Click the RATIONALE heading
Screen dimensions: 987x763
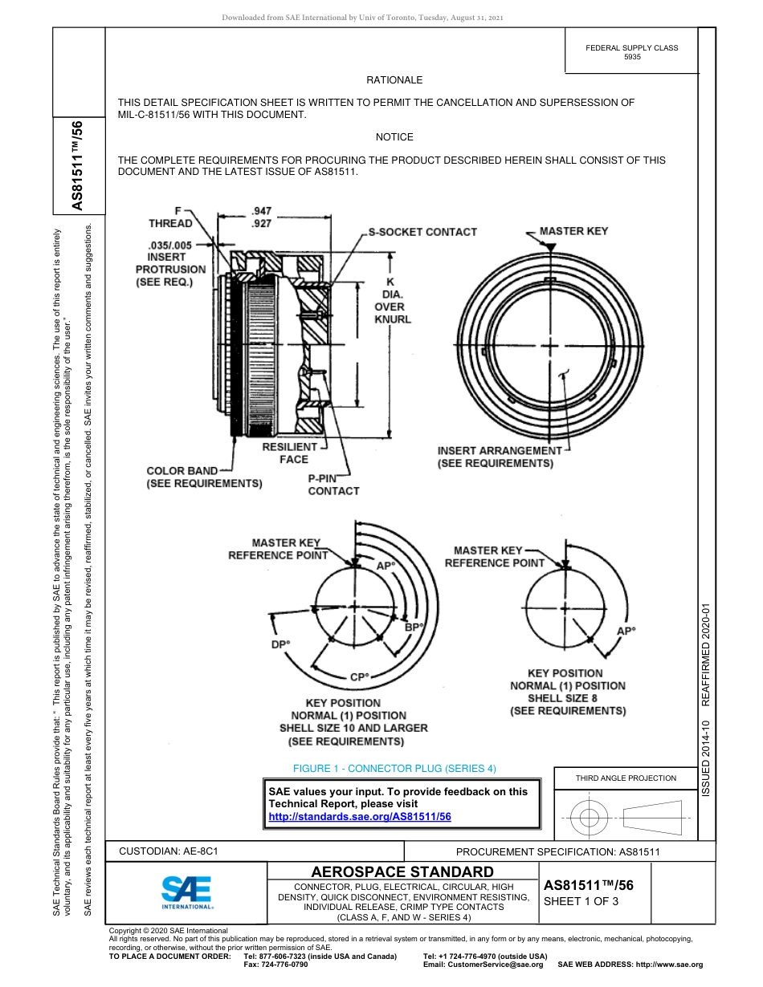point(394,80)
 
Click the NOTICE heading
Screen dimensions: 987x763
point(394,137)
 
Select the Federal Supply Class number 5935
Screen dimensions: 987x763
point(632,58)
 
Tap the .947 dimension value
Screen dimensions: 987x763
point(261,212)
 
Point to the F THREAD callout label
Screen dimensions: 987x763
point(170,217)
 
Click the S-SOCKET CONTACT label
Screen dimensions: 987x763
point(422,232)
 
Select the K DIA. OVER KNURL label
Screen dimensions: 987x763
point(392,300)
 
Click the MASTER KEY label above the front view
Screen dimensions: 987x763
point(573,231)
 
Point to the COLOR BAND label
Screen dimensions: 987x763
point(182,471)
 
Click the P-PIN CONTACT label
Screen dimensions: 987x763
point(333,484)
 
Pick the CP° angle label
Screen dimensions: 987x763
point(359,677)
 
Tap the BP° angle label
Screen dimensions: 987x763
point(414,627)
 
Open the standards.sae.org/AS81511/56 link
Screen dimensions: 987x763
point(360,816)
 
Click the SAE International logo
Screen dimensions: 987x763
point(186,892)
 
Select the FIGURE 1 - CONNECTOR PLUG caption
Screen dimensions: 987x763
point(394,769)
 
